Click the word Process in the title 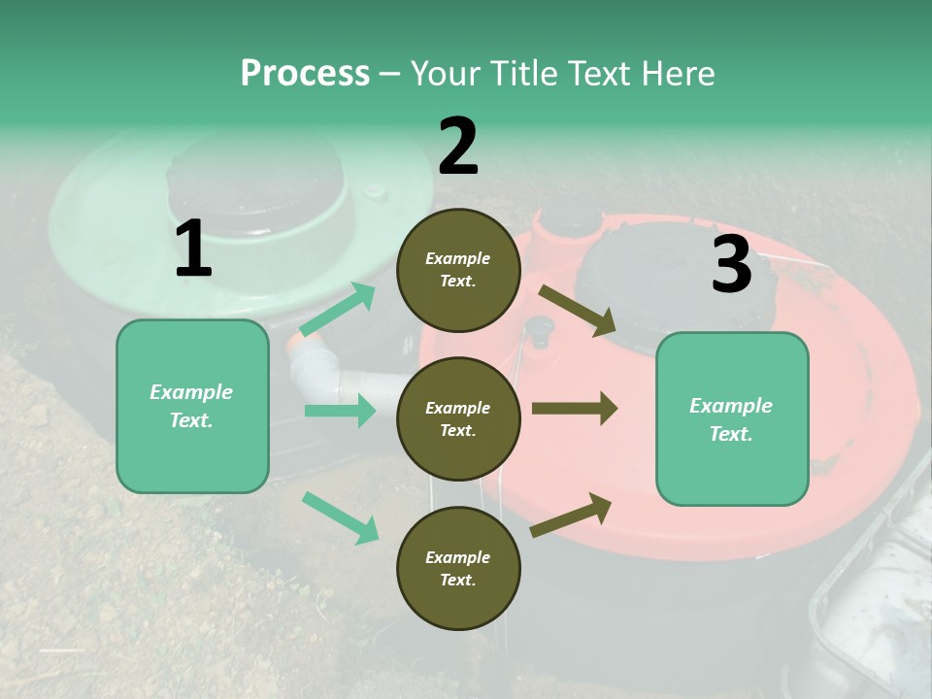(305, 73)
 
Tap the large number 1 (193, 249)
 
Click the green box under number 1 (192, 406)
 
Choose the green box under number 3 (732, 418)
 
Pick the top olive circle (458, 270)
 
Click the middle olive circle (458, 418)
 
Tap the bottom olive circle (458, 568)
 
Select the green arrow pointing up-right (337, 311)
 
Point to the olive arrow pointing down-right (577, 311)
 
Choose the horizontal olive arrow (574, 408)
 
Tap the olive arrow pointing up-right (571, 515)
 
